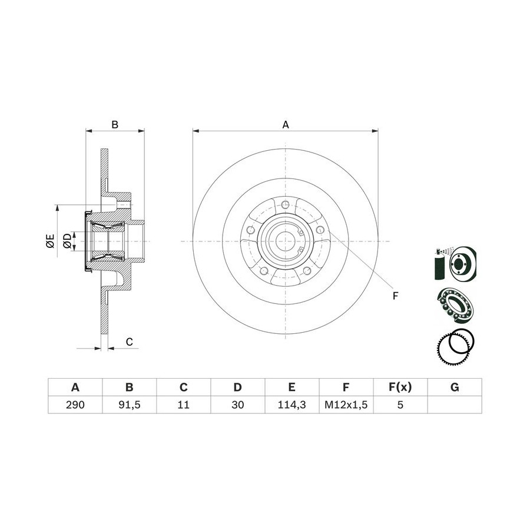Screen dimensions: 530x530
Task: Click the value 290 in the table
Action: coord(75,404)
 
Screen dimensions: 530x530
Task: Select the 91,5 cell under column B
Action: coord(130,404)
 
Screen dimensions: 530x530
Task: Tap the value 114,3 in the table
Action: coord(291,404)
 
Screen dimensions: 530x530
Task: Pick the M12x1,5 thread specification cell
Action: coord(346,404)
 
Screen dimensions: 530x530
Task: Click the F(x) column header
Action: coord(400,387)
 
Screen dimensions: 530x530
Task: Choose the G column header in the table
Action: coord(455,387)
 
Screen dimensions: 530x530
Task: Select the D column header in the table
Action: coord(238,387)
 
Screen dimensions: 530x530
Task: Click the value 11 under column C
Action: coord(184,404)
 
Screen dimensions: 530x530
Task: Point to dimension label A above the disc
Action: coord(286,125)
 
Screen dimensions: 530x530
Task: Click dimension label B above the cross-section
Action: coord(115,125)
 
